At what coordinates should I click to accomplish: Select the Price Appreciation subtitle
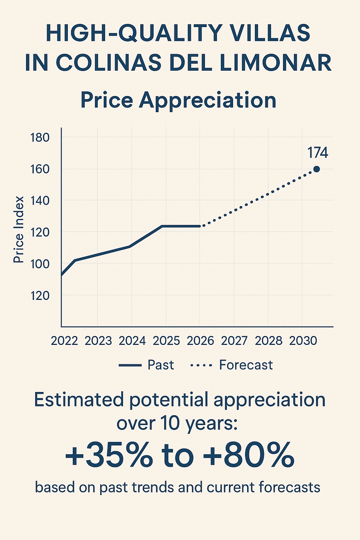(x=178, y=100)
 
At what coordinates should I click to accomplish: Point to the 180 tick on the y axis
(x=40, y=137)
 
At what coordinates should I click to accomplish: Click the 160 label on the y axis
(x=40, y=169)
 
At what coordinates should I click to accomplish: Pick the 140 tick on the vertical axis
(x=40, y=201)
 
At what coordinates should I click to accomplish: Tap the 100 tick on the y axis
(x=40, y=264)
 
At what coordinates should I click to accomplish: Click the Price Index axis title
(x=19, y=229)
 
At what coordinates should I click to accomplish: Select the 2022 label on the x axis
(x=64, y=341)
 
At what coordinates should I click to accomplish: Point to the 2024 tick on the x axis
(x=132, y=341)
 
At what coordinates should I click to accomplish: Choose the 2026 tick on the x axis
(x=200, y=341)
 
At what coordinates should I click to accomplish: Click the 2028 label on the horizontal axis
(x=269, y=341)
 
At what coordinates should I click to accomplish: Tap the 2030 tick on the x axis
(x=303, y=341)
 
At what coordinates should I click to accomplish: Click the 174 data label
(x=317, y=153)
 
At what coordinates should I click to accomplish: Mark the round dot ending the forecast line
(x=316, y=169)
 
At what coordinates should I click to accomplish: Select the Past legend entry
(x=161, y=365)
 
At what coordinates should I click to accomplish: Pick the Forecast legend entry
(x=246, y=365)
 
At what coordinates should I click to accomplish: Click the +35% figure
(x=109, y=455)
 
